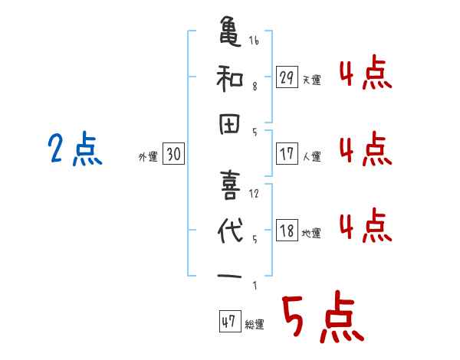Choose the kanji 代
click(232, 230)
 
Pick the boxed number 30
click(174, 154)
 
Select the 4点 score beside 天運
click(365, 74)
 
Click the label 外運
click(149, 156)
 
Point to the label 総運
click(255, 325)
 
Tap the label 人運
click(312, 156)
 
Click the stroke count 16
click(255, 41)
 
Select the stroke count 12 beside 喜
click(255, 194)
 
